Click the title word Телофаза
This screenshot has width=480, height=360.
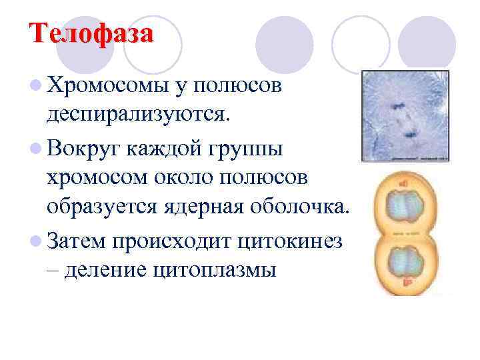coord(91,33)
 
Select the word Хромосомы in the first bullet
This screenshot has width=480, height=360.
coord(106,85)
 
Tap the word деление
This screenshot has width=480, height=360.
coord(109,270)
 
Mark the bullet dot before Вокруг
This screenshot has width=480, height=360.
coord(35,148)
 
